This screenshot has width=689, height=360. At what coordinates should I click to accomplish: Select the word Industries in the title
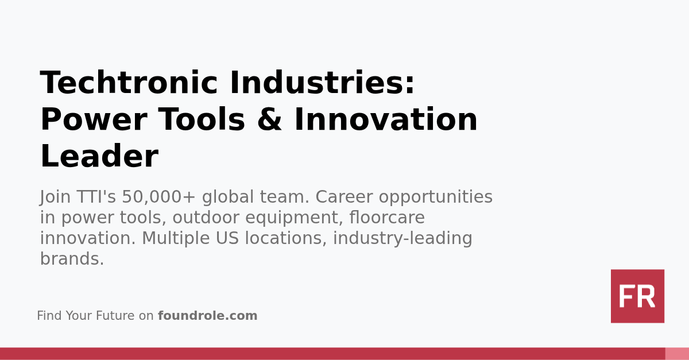(322, 83)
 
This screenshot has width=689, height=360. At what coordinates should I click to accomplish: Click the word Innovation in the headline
(386, 120)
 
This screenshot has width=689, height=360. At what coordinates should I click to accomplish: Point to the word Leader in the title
(99, 157)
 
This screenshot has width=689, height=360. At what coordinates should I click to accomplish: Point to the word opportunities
(436, 198)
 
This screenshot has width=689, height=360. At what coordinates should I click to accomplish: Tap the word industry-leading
(402, 239)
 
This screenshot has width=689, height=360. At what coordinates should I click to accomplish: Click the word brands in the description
(69, 260)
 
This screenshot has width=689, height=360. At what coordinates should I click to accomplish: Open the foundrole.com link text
(208, 316)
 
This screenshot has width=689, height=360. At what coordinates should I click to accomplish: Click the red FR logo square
(637, 296)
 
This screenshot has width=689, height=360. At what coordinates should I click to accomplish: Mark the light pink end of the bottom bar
(677, 354)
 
